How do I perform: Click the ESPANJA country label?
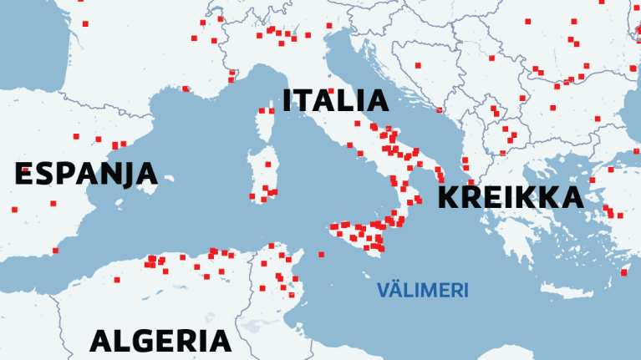tap(86, 174)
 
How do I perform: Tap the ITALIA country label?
tap(336, 101)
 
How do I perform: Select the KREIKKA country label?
tap(510, 198)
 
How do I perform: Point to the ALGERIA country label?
tap(160, 341)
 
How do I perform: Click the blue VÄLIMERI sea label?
tap(422, 291)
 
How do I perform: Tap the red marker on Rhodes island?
tap(623, 272)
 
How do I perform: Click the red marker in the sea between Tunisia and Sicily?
tap(322, 254)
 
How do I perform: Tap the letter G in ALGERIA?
tap(135, 341)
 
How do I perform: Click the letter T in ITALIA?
tap(308, 101)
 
